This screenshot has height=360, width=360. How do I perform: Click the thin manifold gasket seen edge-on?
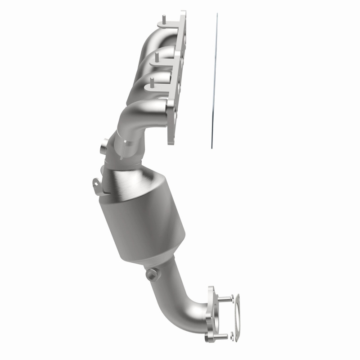pyautogui.click(x=214, y=81)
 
